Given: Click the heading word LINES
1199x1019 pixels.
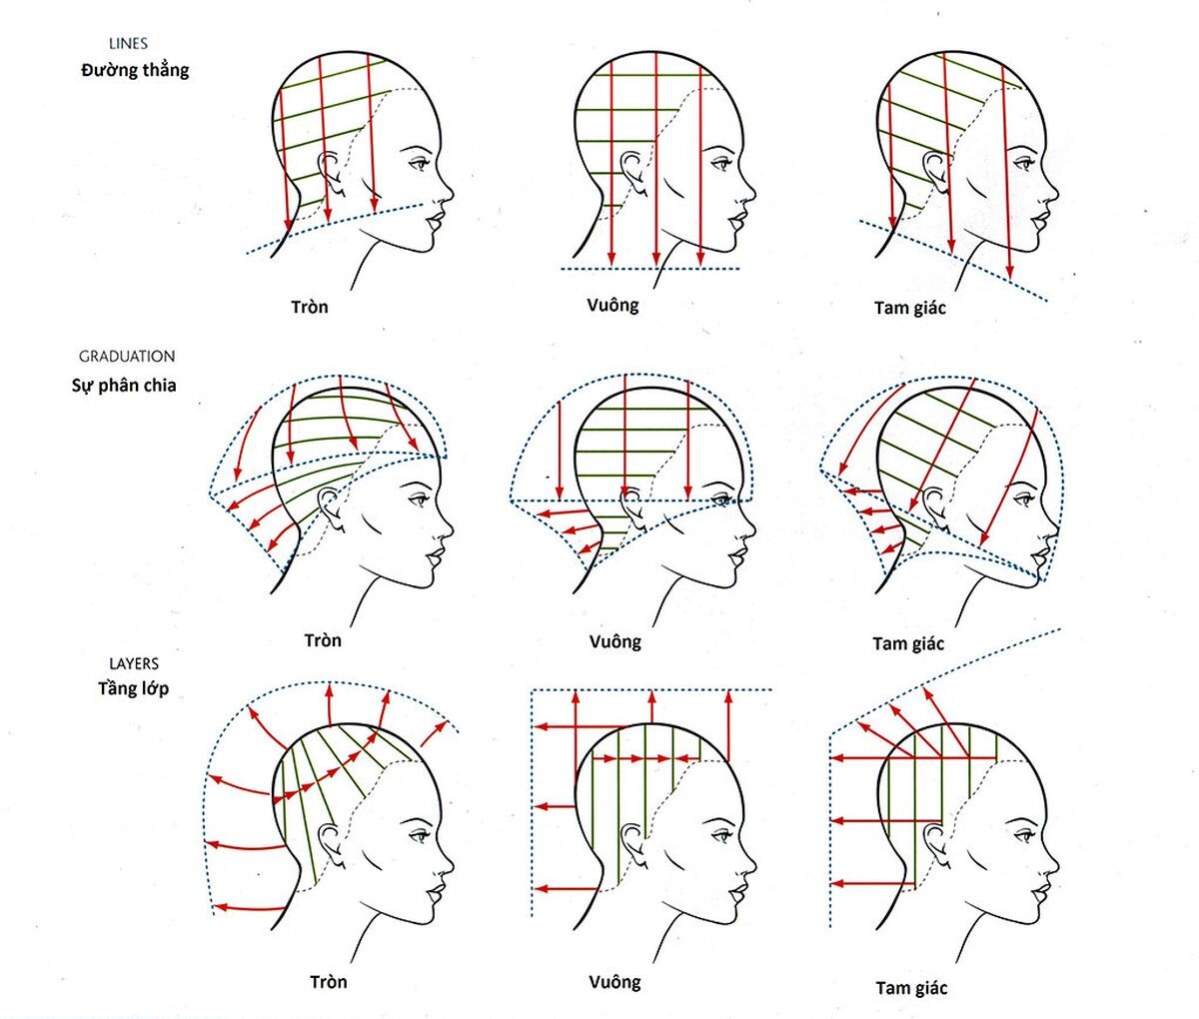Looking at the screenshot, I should pos(128,44).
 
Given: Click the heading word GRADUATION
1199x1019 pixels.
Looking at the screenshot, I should pos(127,357).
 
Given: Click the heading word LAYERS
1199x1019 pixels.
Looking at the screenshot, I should pos(134,663).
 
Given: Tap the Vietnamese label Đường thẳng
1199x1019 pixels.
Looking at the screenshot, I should pos(135,71).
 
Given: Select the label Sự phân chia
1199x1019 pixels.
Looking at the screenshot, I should pos(124,386).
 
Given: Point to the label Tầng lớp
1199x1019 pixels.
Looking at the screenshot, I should pos(133,688).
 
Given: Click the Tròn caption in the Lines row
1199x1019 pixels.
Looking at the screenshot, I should pos(310,307).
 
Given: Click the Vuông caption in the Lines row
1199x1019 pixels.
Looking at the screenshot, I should pos(612,305).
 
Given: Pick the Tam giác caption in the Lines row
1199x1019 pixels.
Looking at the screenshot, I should pos(909,308).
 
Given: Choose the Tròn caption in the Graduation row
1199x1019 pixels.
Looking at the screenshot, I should pos(323,640).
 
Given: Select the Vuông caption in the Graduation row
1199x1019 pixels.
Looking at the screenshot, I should pos(614,641).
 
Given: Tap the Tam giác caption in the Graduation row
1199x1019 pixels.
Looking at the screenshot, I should pos(908,643).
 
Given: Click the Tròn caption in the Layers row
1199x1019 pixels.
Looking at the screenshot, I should pos(329,982).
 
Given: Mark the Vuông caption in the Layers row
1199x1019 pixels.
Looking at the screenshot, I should pos(614,982).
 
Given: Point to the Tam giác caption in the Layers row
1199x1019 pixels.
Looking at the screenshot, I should pos(911,988).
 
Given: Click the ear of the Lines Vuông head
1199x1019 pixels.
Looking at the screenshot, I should pos(631,170).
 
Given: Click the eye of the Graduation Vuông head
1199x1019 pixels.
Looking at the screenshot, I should pos(720,496).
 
